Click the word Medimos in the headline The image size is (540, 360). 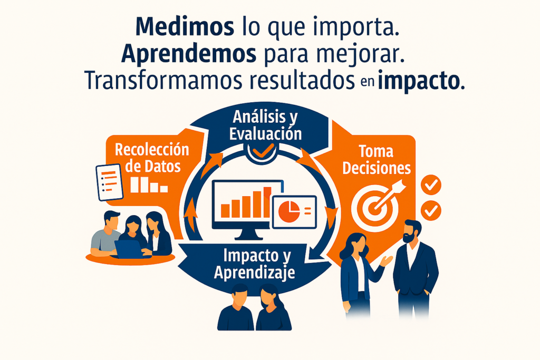(185, 26)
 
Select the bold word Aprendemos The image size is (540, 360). (189, 54)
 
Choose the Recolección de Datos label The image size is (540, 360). (152, 158)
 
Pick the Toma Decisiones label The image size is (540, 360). (377, 160)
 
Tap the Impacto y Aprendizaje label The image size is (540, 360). (255, 264)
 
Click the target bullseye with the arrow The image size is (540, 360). (378, 205)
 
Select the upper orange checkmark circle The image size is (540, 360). (431, 185)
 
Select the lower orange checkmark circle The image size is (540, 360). (431, 211)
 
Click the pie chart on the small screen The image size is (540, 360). (289, 211)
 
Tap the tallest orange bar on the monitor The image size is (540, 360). (267, 202)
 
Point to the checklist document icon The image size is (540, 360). (109, 182)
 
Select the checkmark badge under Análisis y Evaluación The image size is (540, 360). (263, 152)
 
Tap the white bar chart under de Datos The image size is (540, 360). (149, 185)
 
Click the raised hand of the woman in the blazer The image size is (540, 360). (387, 260)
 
